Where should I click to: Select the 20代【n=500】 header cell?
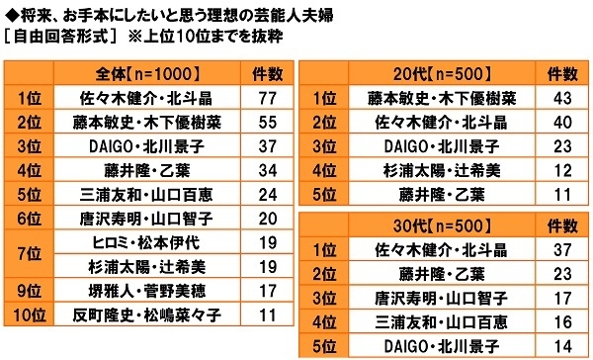424,72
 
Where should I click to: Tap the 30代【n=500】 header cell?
424,225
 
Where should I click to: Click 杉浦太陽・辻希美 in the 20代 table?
424,168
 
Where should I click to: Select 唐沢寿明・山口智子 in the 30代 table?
424,298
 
